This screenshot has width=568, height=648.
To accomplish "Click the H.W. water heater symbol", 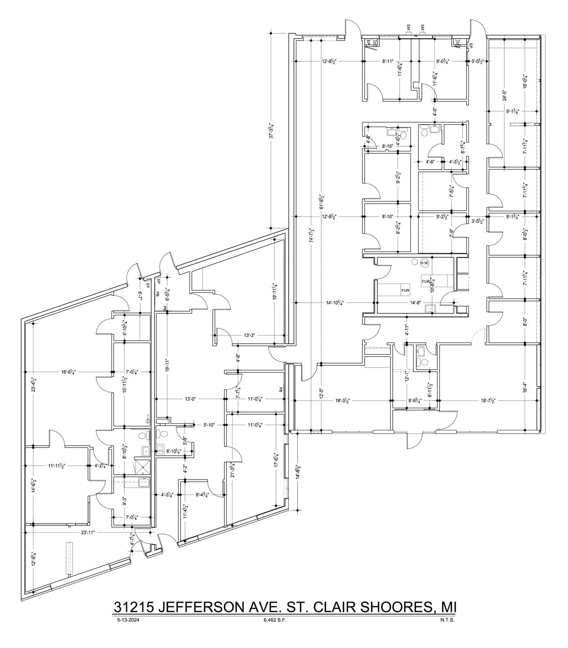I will tap(424, 263).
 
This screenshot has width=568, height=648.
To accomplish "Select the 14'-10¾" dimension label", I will tap(335, 303).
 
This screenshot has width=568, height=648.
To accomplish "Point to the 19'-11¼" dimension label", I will tap(275, 291).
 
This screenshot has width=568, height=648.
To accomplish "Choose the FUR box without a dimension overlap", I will tap(405, 291).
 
